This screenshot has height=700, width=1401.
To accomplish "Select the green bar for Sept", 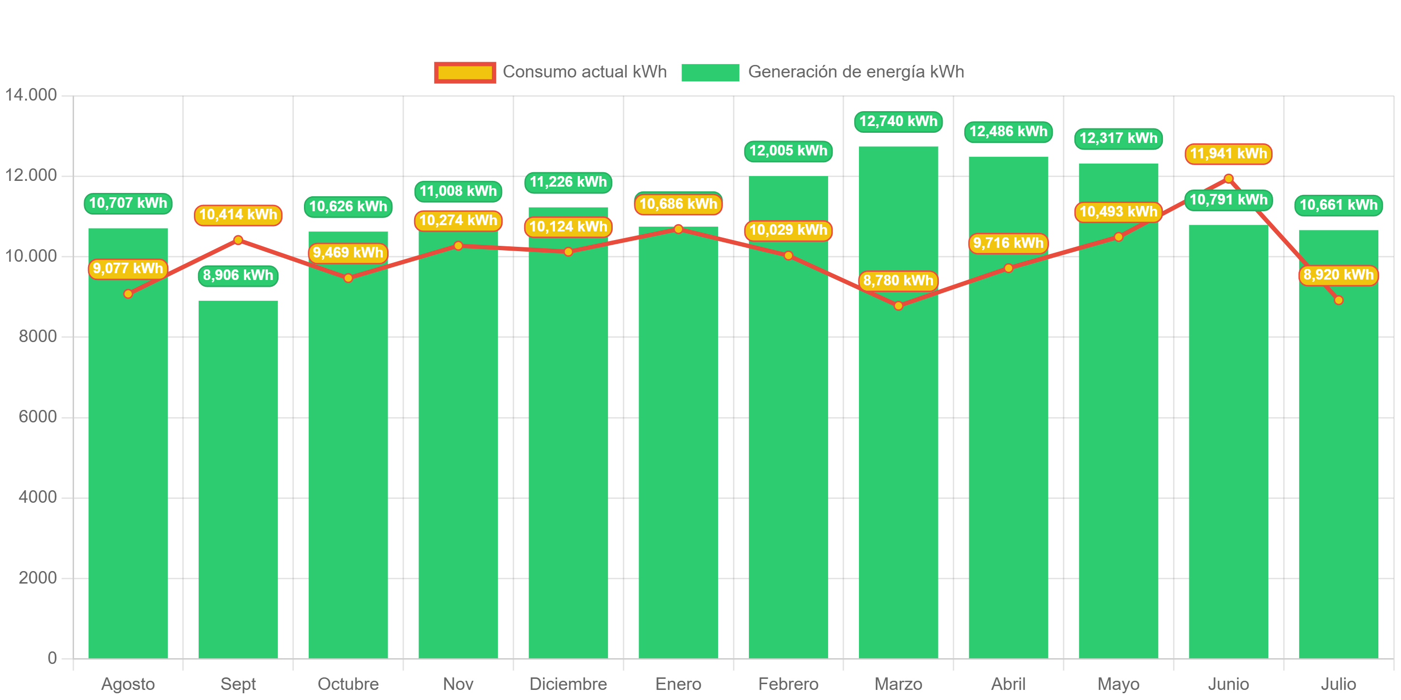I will [238, 479].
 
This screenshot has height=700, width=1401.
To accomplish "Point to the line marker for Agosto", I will [128, 293].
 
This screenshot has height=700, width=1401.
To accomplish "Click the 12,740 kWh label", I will [898, 121].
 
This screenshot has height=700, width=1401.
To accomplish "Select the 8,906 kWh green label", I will [238, 275].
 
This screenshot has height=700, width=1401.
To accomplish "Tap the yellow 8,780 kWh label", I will [898, 280].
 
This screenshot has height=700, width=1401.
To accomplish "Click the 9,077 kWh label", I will [128, 268].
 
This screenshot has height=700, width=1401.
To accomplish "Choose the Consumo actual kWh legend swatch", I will [465, 72].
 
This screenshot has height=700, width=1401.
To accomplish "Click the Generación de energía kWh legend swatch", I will [710, 72].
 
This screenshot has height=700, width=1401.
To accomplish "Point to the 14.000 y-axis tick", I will [31, 95].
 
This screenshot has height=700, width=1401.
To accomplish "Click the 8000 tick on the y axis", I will [38, 336].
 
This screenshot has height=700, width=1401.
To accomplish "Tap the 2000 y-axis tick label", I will [38, 578].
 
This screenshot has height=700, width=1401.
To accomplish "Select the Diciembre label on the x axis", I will [568, 684].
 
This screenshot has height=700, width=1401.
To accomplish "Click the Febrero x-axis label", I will [788, 684].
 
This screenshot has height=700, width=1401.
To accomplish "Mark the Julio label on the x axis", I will [1338, 684].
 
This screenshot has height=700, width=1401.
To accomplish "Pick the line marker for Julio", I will [1338, 300].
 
